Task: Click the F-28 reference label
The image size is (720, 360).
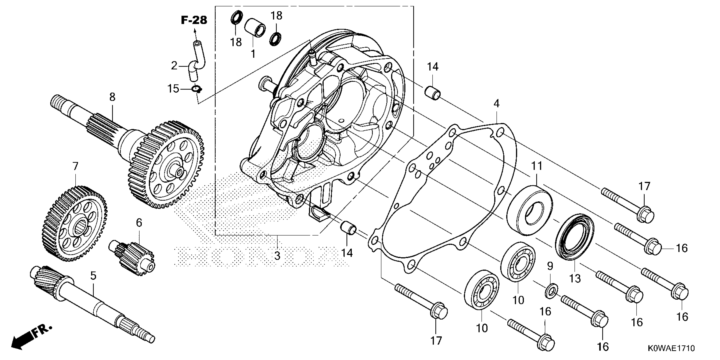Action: coord(194,20)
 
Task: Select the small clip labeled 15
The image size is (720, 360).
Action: coord(197,89)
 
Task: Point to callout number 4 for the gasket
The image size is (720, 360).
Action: coord(496,104)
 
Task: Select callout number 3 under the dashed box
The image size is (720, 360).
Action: coord(277,255)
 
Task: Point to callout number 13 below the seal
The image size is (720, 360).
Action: coord(575,278)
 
